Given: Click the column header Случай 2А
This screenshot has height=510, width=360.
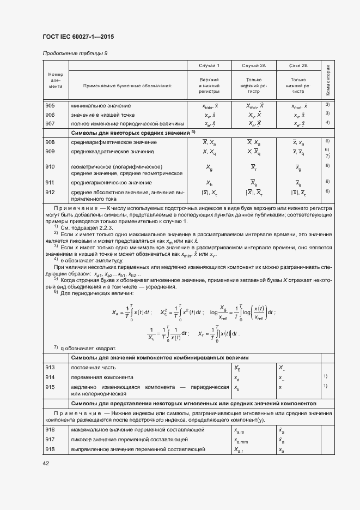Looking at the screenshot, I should tap(254, 65).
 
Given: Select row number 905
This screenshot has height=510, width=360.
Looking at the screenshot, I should tap(50, 105).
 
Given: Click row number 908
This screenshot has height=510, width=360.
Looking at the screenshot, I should tap(50, 142).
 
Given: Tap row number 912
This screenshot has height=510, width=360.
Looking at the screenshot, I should tap(50, 191).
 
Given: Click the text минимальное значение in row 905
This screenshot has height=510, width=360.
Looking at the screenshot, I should tap(100, 105).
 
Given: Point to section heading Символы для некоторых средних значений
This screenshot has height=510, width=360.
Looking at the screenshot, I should tap(131, 133).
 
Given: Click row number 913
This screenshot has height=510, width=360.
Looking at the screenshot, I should tap(50, 368).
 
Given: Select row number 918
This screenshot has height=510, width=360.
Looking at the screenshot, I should tap(50, 449).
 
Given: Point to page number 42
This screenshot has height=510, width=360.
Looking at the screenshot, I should tap(46, 463).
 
